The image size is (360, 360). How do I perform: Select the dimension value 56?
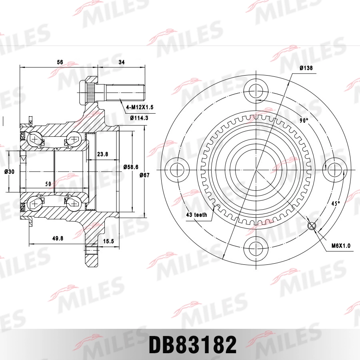click(x=60, y=62)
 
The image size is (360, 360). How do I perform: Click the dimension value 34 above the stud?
click(x=122, y=62)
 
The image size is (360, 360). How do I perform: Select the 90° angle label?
click(x=304, y=120)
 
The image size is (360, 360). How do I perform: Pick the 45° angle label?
click(x=335, y=204)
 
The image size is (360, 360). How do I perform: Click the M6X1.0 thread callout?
click(x=340, y=246)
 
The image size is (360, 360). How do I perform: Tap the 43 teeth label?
click(x=196, y=215)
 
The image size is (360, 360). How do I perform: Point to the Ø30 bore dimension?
click(x=9, y=172)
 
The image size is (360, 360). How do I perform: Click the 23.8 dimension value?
click(x=103, y=154)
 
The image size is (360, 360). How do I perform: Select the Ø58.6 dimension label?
click(x=130, y=166)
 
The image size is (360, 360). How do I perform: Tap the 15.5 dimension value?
click(x=108, y=241)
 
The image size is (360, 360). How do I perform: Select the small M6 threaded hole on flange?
click(x=312, y=226)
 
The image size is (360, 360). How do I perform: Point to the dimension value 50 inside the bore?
click(x=48, y=184)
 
